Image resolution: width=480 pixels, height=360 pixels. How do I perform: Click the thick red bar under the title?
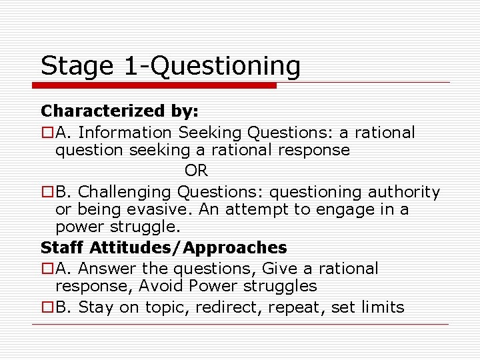(x=155, y=85)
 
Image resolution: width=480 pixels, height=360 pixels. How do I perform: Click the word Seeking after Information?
(x=207, y=133)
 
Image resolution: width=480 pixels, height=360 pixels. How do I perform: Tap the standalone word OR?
(x=197, y=171)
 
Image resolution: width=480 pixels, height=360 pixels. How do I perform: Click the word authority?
(x=402, y=193)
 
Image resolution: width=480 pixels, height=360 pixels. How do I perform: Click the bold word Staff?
(x=63, y=248)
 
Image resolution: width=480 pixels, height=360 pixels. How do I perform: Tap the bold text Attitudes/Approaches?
(x=189, y=248)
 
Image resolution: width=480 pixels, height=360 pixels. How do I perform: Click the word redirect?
(x=215, y=307)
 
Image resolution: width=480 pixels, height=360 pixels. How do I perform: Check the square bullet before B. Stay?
(x=47, y=308)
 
